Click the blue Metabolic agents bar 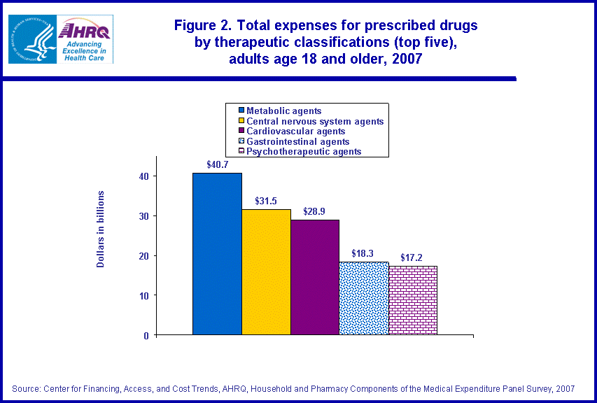[x=217, y=253]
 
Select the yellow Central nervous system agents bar [x=266, y=271]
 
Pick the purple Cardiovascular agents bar [x=315, y=277]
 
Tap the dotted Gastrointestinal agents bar [x=364, y=298]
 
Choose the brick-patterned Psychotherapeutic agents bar [x=413, y=300]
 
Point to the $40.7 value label [x=218, y=164]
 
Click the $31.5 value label [x=266, y=201]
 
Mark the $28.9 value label [x=315, y=211]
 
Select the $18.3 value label [x=364, y=253]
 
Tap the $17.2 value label [x=412, y=257]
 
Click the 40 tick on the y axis [x=143, y=176]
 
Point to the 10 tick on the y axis [x=143, y=296]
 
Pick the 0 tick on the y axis [x=146, y=336]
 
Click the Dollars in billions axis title [x=101, y=229]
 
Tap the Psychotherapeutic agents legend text [x=304, y=151]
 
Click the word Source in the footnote [x=26, y=388]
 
